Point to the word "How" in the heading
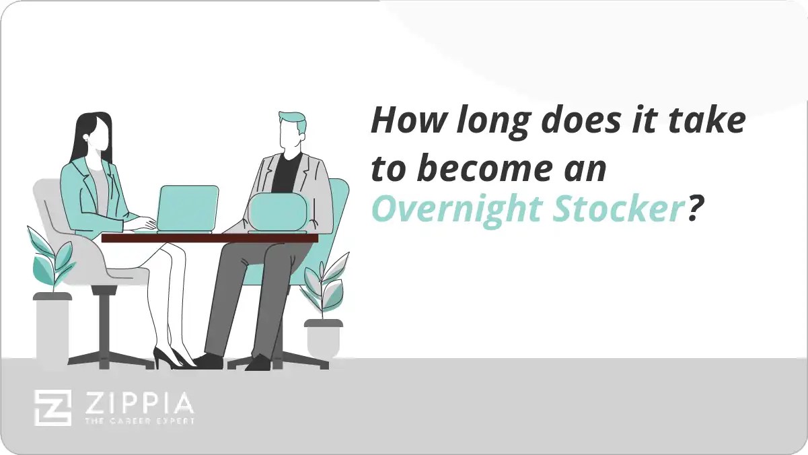pos(401,122)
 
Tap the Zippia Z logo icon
pos(52,408)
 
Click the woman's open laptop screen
pos(188,207)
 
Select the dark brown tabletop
pos(209,238)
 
